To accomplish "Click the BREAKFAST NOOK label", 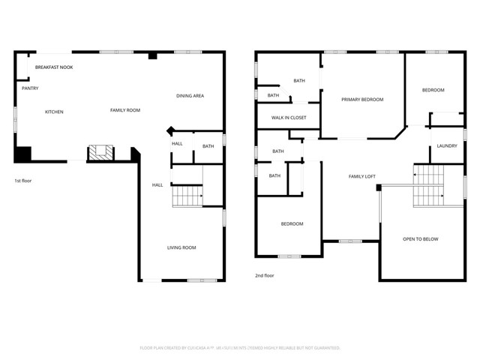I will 53,67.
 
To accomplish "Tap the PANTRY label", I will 30,88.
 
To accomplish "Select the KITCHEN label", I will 54,112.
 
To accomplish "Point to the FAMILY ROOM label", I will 125,110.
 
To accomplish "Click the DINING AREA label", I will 190,96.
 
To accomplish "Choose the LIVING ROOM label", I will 181,247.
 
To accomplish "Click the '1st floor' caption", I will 23,181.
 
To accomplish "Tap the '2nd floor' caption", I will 264,275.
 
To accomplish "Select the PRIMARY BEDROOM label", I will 362,100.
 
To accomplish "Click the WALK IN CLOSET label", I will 288,118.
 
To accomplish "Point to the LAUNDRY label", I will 447,145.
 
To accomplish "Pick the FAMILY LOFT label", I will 361,176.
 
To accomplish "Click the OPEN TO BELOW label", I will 420,239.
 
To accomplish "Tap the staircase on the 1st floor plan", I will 187,196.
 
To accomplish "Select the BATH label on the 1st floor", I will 208,146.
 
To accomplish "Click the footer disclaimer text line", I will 240,348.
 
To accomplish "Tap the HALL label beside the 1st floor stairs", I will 157,184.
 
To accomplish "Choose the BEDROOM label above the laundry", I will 433,90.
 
